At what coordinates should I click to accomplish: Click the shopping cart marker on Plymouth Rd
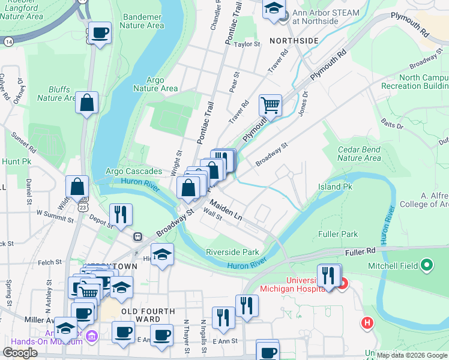point(270,105)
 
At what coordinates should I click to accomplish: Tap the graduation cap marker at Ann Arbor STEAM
point(274,9)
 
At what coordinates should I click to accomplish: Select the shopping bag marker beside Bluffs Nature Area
point(86,103)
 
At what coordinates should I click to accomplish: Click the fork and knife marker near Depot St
point(121,214)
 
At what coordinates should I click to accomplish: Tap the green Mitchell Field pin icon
point(427,264)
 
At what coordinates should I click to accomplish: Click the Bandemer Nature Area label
point(142,22)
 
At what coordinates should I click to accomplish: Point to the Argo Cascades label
point(134,172)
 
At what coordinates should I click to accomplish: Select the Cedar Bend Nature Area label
point(359,154)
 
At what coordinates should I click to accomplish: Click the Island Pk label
point(334,187)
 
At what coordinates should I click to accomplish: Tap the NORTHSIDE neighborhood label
point(294,40)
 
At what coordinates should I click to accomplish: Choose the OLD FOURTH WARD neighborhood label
point(148,311)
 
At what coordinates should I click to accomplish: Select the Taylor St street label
point(247,44)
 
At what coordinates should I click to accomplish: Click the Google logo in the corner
point(20,353)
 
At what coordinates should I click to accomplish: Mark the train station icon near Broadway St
point(137,236)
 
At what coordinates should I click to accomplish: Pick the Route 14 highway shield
point(8,42)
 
